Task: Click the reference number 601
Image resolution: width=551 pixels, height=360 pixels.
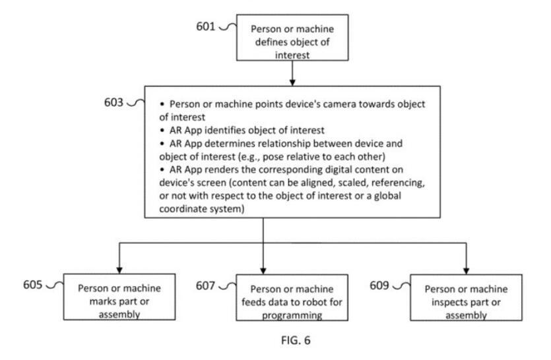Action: click(206, 26)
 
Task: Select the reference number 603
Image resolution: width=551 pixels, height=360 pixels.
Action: click(113, 102)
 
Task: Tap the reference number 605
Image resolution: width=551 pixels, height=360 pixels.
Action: click(33, 284)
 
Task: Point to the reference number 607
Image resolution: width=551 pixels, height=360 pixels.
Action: click(205, 285)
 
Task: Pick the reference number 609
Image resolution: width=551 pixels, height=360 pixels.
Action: click(379, 285)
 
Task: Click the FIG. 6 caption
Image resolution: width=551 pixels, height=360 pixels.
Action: click(296, 340)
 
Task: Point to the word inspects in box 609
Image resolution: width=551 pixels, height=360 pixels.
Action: click(449, 303)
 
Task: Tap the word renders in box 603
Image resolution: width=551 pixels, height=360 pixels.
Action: click(220, 169)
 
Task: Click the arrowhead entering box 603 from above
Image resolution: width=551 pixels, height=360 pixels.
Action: click(292, 82)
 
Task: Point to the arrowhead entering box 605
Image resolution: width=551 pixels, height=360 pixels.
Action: click(119, 270)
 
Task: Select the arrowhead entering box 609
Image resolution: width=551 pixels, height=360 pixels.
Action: click(467, 271)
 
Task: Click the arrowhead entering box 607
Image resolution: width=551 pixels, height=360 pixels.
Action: click(263, 271)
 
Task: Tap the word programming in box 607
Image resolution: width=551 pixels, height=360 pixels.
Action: click(292, 315)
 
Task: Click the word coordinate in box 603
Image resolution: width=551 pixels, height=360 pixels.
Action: click(183, 209)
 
